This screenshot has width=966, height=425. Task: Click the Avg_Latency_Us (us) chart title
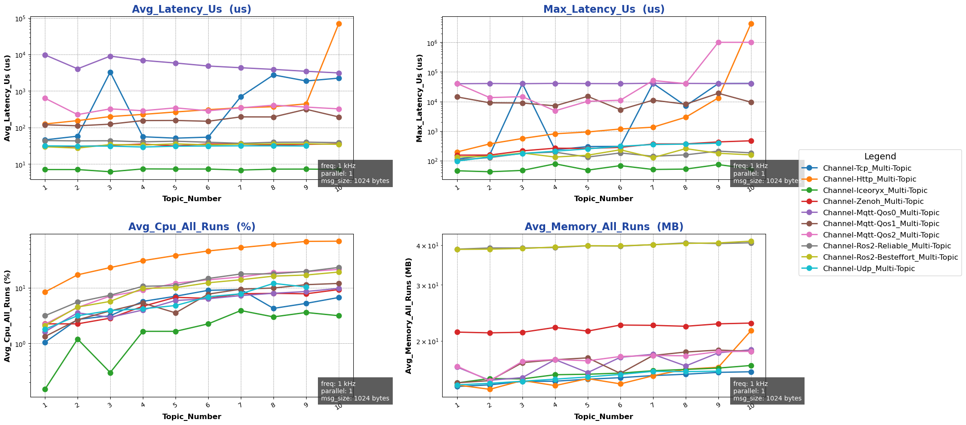(191, 10)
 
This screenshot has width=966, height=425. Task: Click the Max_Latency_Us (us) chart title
(604, 10)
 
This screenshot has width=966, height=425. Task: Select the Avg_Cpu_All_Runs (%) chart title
(191, 227)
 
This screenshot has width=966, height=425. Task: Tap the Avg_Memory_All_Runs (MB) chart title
(604, 227)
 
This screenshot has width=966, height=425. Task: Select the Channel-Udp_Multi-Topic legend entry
(862, 269)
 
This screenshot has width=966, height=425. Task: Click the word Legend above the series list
(880, 157)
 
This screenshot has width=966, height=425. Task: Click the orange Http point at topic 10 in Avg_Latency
(339, 24)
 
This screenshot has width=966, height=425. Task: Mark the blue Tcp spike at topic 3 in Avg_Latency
(110, 72)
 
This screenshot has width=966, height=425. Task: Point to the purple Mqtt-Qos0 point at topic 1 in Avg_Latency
(45, 55)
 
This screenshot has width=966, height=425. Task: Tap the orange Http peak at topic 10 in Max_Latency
(751, 24)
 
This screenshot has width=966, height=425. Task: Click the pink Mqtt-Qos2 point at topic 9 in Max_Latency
(718, 42)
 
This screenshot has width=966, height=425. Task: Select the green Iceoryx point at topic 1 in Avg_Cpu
(45, 389)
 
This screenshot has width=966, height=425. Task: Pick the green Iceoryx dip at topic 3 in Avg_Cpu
(110, 373)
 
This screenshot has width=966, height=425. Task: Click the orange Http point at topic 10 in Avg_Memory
(751, 331)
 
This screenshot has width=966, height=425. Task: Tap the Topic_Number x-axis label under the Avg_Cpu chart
(191, 417)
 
